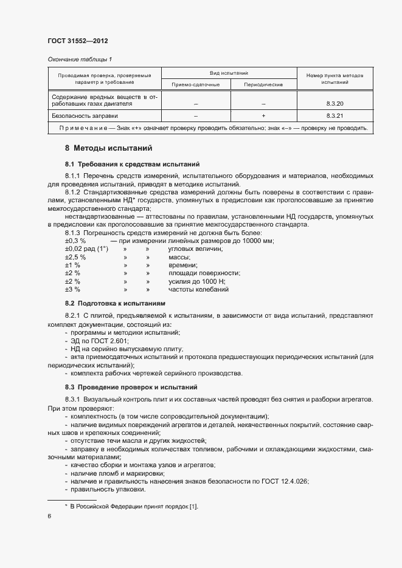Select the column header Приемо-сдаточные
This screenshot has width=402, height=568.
tap(195, 84)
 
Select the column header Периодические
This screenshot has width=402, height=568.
tap(263, 84)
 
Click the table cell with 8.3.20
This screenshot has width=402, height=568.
tap(334, 104)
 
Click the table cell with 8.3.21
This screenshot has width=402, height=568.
tap(334, 115)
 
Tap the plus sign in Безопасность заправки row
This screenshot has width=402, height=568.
tap(263, 115)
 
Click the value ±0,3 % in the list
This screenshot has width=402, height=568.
tap(75, 241)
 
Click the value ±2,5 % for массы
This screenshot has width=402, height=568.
tap(75, 257)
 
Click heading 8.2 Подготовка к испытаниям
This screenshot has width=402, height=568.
tap(115, 303)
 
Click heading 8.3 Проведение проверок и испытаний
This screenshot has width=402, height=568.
tap(129, 387)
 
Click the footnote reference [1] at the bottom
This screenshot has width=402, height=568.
tap(194, 506)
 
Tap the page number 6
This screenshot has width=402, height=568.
tap(49, 516)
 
